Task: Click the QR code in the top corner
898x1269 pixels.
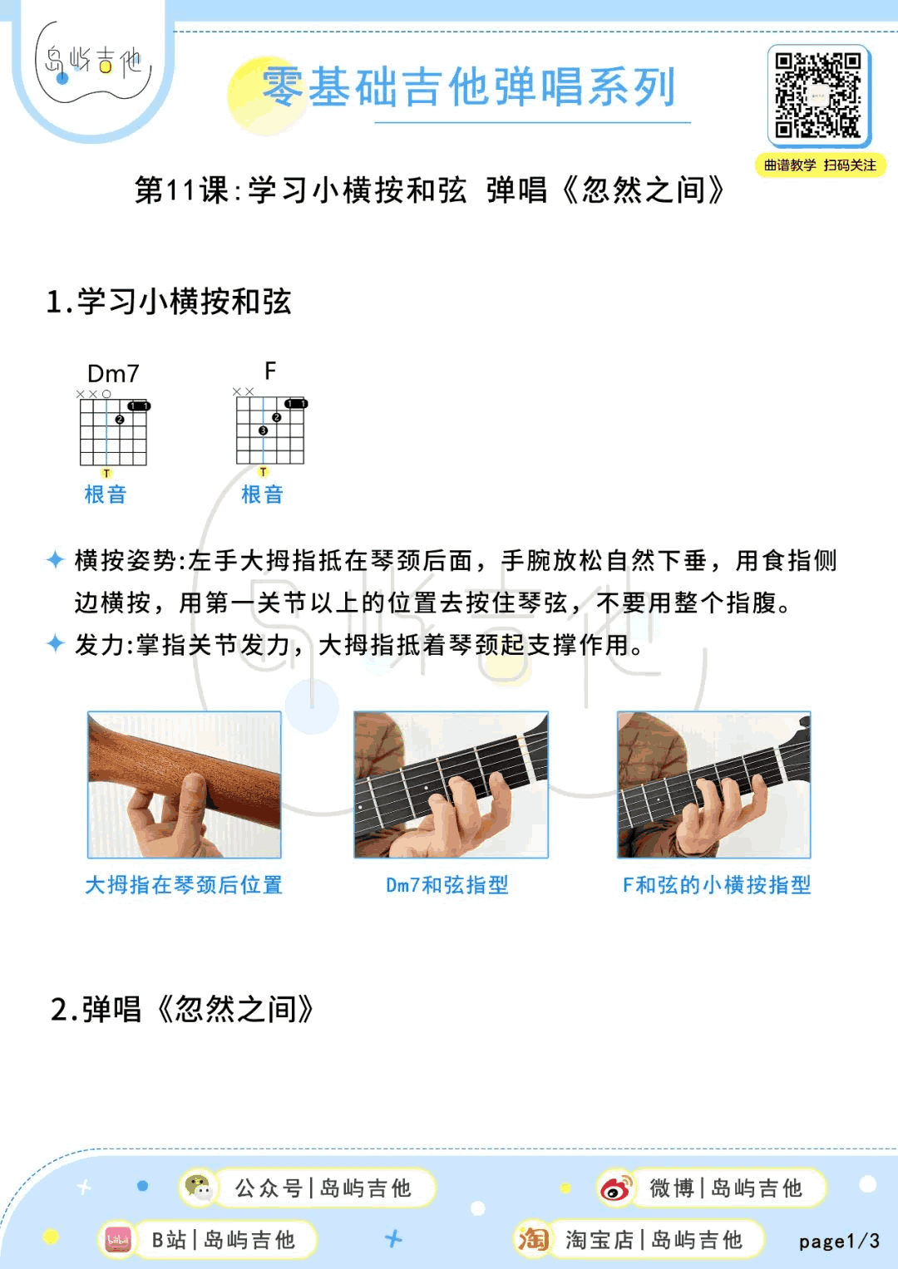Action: [819, 96]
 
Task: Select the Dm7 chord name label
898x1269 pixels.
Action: [113, 374]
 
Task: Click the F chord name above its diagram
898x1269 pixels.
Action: [270, 371]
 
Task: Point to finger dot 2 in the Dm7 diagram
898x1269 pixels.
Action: [120, 420]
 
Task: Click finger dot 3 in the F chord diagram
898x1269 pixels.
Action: [263, 430]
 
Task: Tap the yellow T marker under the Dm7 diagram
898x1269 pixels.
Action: [106, 473]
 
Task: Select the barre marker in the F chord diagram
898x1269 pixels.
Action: [296, 403]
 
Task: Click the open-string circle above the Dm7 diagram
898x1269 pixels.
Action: [106, 394]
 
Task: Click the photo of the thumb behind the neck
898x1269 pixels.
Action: [185, 785]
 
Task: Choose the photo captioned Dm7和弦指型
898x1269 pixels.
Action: [451, 785]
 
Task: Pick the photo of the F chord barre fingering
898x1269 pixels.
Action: [714, 785]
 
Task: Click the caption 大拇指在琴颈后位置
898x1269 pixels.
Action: [184, 885]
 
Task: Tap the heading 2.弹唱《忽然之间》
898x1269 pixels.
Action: [181, 1008]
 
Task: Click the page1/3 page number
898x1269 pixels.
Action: [840, 1242]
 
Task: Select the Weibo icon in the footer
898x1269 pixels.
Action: [616, 1188]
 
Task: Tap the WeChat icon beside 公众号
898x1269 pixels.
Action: [198, 1188]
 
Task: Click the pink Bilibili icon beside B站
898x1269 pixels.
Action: [118, 1240]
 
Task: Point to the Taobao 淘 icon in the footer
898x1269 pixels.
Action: [533, 1238]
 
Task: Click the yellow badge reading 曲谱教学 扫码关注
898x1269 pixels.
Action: [820, 165]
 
